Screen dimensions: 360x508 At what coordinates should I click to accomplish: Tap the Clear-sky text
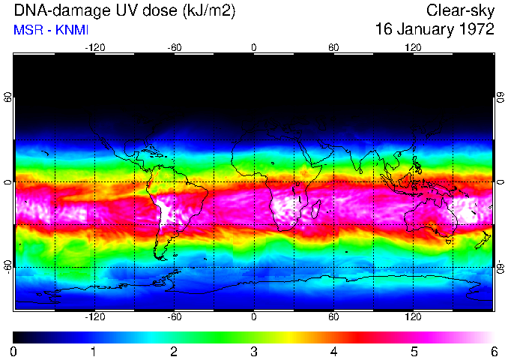460,10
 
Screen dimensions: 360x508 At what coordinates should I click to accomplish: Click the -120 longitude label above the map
94,47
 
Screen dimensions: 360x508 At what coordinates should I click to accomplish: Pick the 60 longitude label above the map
333,47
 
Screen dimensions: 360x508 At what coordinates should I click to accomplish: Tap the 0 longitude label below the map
254,316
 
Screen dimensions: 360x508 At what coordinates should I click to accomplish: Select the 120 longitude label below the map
413,316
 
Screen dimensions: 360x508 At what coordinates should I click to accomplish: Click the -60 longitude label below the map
174,316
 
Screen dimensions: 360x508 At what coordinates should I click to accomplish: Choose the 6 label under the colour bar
493,351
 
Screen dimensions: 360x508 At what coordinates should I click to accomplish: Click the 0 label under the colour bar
14,351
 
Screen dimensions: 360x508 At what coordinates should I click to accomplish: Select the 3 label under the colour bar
254,351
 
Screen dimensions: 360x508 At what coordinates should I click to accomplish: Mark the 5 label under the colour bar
414,351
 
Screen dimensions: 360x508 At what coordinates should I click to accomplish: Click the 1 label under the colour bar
94,351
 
